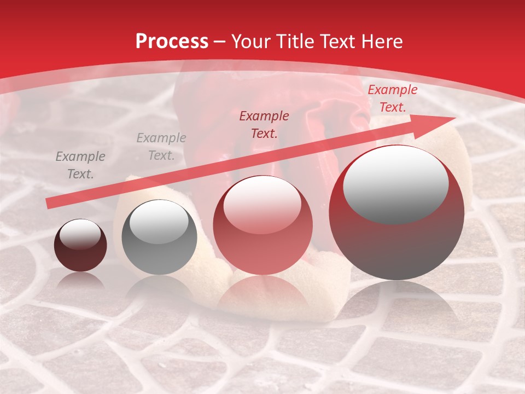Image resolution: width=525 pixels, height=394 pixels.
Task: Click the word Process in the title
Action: tap(172, 42)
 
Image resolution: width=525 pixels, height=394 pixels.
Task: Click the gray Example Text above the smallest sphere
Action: tap(80, 165)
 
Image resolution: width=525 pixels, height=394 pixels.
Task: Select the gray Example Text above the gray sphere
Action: tap(161, 147)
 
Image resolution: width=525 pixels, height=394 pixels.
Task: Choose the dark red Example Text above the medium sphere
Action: tap(264, 124)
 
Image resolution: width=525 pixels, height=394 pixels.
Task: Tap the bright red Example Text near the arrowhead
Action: tap(392, 99)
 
